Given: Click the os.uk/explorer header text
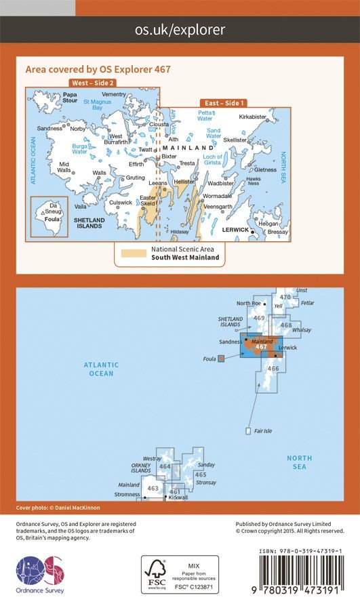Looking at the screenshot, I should click(180, 29).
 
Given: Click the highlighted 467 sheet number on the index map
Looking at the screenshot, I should click(261, 347).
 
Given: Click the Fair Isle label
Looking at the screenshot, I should click(260, 430).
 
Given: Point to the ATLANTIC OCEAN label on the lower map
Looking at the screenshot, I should click(100, 369).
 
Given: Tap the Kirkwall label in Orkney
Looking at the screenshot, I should click(178, 497).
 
